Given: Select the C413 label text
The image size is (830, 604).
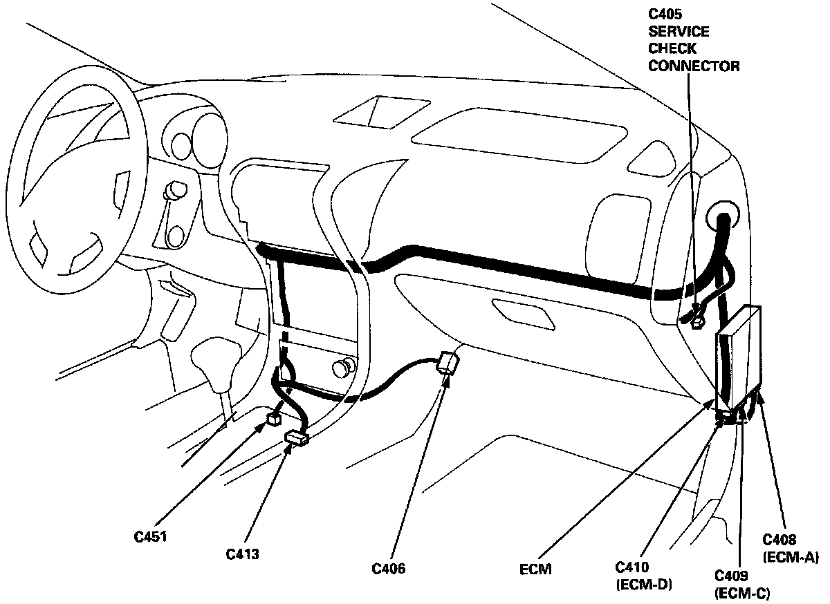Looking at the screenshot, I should (x=242, y=553).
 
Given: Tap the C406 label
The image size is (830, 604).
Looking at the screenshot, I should (x=388, y=569).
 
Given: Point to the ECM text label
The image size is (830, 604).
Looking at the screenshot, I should (x=534, y=570).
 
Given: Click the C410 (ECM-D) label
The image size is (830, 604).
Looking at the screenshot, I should (x=644, y=576).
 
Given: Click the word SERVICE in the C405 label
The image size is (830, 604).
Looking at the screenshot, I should (x=679, y=32).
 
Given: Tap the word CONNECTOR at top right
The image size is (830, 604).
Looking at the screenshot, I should (x=694, y=66).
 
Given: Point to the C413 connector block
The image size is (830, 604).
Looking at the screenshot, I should (x=297, y=437).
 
